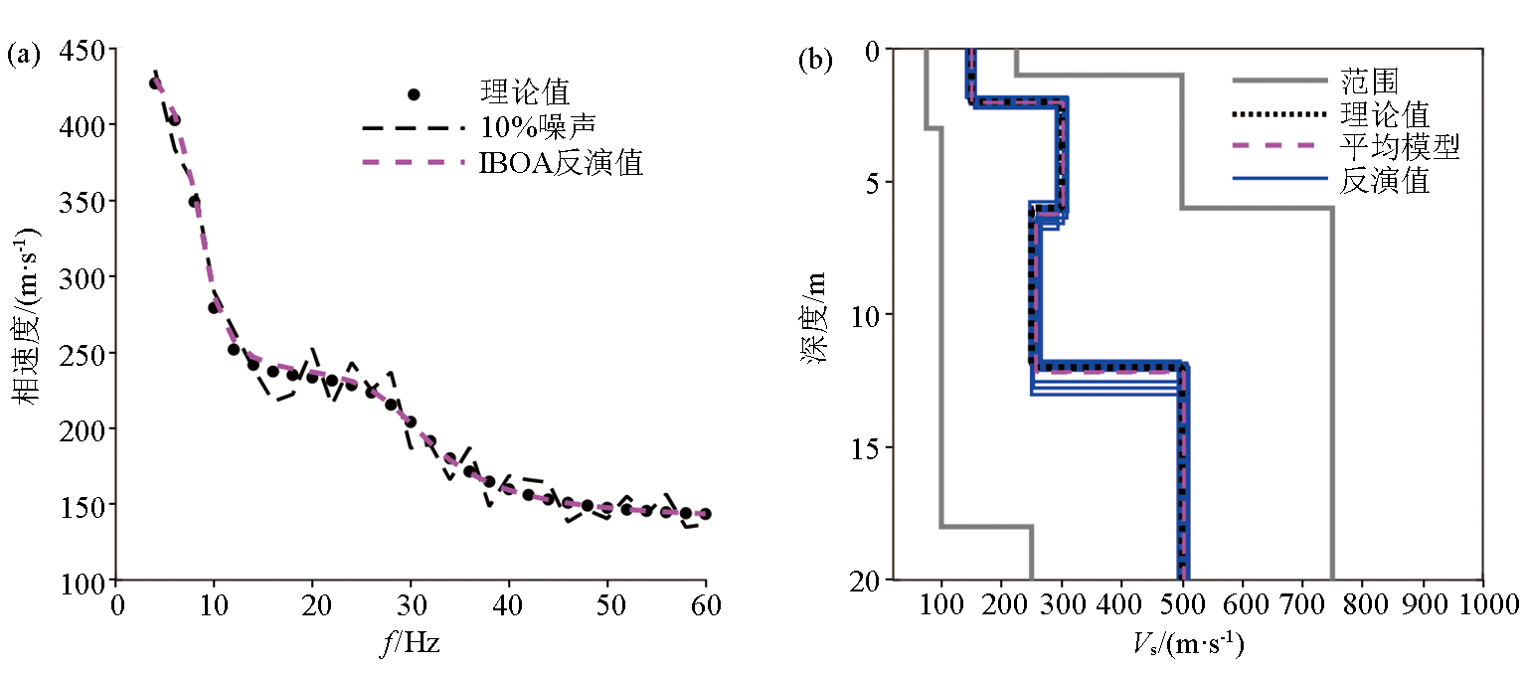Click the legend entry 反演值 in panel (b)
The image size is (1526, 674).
(1384, 181)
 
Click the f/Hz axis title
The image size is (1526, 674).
(410, 643)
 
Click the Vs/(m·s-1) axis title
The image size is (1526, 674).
(1188, 645)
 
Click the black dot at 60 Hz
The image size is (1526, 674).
(705, 514)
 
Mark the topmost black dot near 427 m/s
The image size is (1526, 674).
(155, 84)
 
